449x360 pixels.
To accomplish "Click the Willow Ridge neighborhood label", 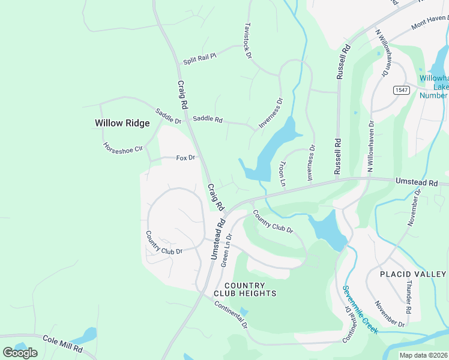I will click(x=122, y=123).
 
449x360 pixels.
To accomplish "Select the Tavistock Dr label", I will click(x=247, y=41).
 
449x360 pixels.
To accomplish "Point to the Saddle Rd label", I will click(x=208, y=120).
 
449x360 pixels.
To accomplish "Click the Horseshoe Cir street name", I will click(x=122, y=148).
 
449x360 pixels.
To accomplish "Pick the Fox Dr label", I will click(x=185, y=158).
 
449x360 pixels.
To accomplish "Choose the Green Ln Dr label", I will click(x=226, y=250).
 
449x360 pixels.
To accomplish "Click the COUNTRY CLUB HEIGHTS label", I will click(x=245, y=289).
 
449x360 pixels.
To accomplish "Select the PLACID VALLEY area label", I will click(x=414, y=274).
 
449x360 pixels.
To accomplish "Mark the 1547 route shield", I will click(x=402, y=90).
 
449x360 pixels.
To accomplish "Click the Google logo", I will click(x=20, y=352).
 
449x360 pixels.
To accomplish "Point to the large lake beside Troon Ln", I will click(x=274, y=150).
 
